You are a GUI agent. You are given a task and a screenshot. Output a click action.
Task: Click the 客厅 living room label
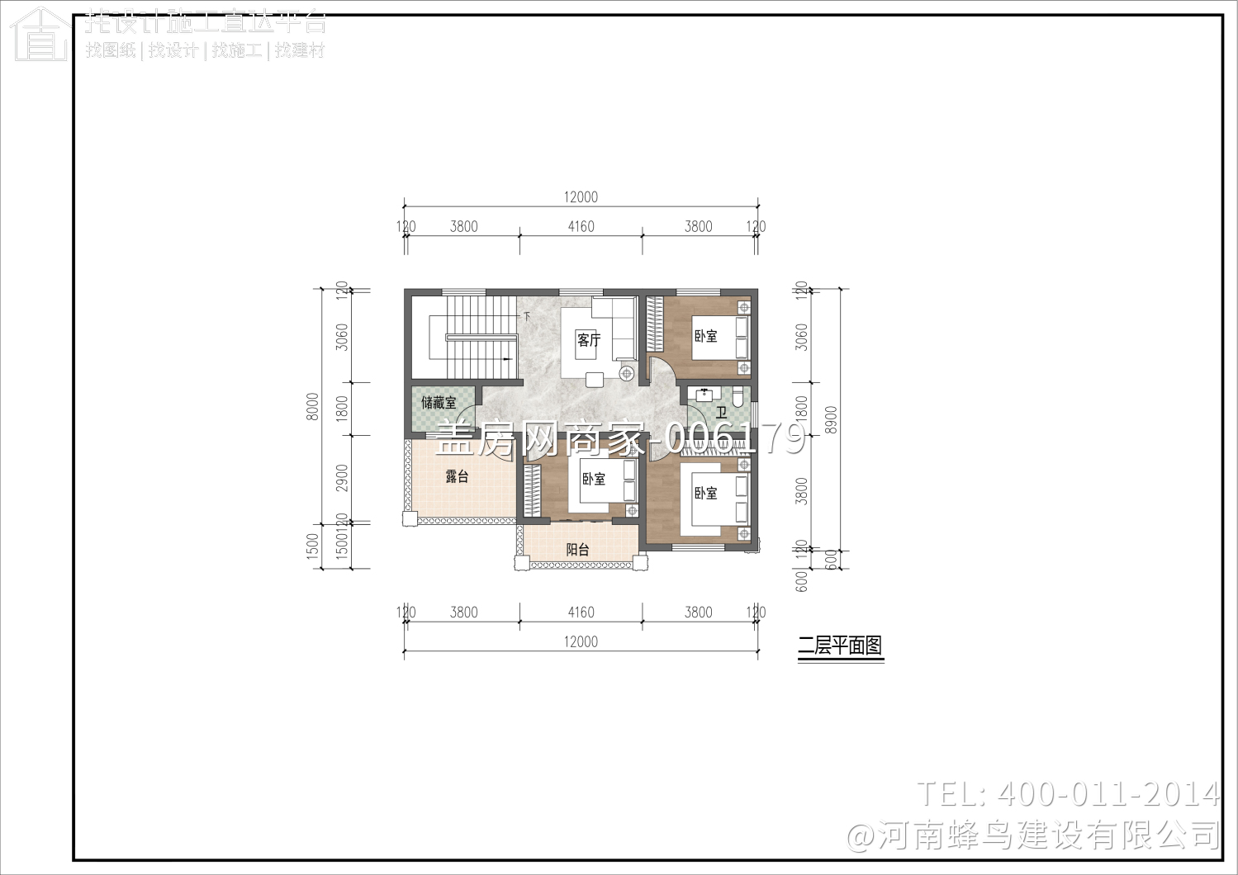pos(589,339)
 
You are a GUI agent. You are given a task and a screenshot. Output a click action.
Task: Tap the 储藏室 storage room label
pos(439,403)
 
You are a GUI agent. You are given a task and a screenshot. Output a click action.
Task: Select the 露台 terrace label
pos(457,476)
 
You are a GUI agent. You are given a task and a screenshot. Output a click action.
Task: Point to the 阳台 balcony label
pos(577,550)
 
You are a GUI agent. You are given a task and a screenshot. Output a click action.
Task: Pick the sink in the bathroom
pos(704,395)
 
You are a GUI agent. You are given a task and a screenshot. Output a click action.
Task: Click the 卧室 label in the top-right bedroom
pos(705,336)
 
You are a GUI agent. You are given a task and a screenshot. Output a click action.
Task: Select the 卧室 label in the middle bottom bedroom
pos(593,479)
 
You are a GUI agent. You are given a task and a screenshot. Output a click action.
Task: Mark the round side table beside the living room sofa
pos(626,374)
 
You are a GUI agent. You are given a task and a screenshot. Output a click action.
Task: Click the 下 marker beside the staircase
pos(526,316)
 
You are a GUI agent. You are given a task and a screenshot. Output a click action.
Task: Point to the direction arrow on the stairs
pos(506,360)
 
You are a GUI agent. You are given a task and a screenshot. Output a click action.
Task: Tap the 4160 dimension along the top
pos(581,226)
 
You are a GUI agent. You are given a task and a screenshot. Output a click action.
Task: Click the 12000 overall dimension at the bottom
pos(581,641)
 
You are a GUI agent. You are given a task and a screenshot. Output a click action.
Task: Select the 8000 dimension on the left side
pos(313,406)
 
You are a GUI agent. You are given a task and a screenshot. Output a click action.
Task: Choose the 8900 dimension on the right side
pos(832,419)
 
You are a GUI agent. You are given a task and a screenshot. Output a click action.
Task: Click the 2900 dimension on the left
pos(343,477)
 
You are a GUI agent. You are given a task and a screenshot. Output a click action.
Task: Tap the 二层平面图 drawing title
pos(840,646)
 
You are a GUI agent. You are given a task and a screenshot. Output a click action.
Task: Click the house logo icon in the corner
pos(40,35)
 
